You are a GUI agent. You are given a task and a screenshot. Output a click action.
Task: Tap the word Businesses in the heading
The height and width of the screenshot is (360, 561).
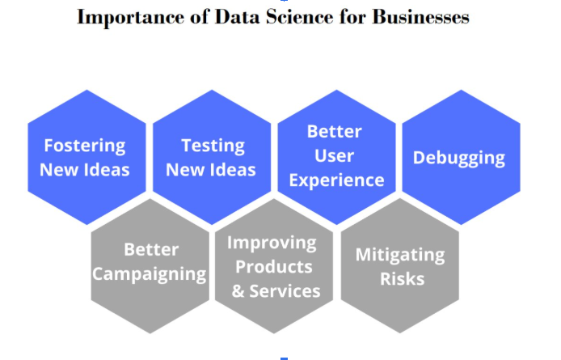[x=420, y=17]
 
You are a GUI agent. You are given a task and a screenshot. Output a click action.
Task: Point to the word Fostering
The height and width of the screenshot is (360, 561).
[x=85, y=146]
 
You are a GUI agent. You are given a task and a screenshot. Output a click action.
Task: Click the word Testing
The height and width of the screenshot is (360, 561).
[x=213, y=146]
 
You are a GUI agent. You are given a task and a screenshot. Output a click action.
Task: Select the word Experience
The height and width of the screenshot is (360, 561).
[x=336, y=180]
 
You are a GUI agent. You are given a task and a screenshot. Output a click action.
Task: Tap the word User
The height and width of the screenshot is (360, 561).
[x=335, y=155]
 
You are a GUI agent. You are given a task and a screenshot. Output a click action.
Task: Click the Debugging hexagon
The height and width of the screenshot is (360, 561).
[x=459, y=157]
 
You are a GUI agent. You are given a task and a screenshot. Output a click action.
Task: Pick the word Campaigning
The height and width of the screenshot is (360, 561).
[x=149, y=273]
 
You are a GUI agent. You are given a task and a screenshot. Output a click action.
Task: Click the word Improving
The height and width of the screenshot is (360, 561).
[x=272, y=243]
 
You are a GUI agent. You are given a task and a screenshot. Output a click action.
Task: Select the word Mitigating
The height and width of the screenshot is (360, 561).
[x=400, y=255]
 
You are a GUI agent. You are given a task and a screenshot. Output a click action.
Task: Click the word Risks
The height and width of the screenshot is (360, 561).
[x=400, y=279]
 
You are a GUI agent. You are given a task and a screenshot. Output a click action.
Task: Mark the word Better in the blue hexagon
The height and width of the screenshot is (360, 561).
[x=335, y=131]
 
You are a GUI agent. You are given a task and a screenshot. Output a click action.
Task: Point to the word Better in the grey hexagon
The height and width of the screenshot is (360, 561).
[x=151, y=249]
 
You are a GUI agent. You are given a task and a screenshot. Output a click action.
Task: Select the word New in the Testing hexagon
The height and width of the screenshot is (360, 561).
[x=185, y=170]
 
